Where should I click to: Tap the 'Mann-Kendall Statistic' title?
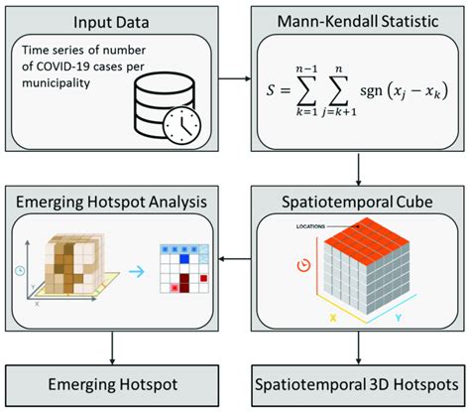tap(353, 21)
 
